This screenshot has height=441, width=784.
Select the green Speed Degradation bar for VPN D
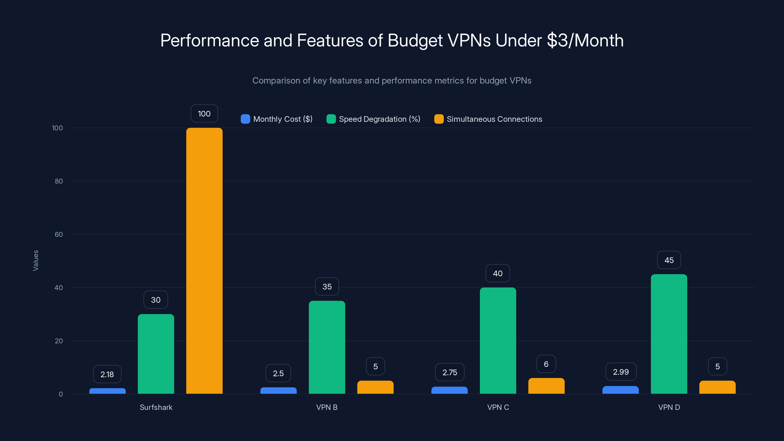[x=669, y=334]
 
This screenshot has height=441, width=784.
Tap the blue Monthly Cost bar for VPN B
[x=278, y=391]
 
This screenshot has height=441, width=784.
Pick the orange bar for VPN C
[x=546, y=386]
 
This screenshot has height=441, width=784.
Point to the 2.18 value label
[x=107, y=374]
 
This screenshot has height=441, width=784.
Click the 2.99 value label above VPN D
[x=621, y=372]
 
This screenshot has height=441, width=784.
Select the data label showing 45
[x=669, y=260]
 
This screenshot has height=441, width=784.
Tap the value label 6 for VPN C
[x=546, y=364]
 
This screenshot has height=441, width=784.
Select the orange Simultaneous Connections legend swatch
[x=439, y=119]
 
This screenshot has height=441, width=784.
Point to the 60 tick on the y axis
[x=59, y=234]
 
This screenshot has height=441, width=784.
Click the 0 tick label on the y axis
[x=61, y=394]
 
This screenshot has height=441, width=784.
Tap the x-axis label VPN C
[x=498, y=407]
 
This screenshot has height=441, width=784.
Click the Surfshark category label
[x=156, y=407]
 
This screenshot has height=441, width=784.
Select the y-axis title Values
[x=36, y=260]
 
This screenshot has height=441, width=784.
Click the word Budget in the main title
[x=415, y=40]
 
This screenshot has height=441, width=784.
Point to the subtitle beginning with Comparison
[x=392, y=81]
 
